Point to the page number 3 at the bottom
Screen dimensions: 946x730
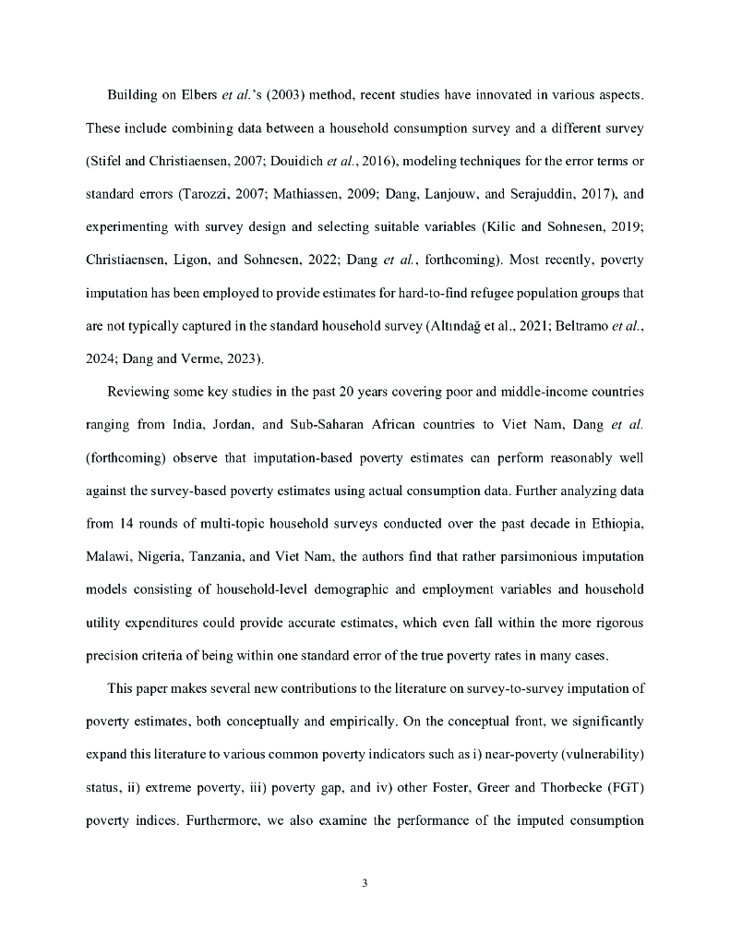pyautogui.click(x=365, y=883)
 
